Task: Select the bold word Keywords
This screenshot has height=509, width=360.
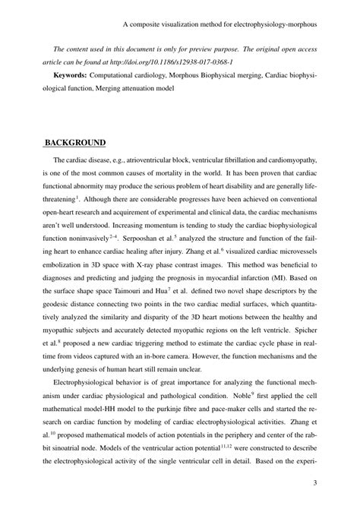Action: (x=69, y=76)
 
